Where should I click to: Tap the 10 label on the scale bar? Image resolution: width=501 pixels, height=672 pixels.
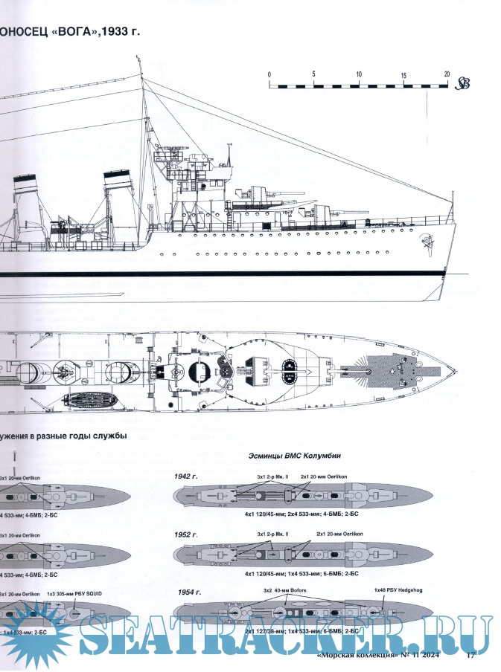point(359,74)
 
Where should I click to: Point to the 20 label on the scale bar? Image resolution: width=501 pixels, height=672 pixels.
point(447,74)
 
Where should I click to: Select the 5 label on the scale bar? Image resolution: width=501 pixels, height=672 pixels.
point(314,74)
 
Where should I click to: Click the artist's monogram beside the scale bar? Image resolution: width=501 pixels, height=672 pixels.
point(463,83)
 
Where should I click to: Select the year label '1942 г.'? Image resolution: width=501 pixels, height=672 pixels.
point(185,475)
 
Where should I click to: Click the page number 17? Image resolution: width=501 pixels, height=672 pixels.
point(470,655)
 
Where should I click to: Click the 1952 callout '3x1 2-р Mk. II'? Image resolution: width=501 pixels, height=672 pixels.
point(272,534)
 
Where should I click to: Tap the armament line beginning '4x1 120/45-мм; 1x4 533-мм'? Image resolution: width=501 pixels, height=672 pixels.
point(301,574)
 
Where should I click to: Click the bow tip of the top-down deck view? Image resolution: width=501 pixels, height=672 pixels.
point(455,372)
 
